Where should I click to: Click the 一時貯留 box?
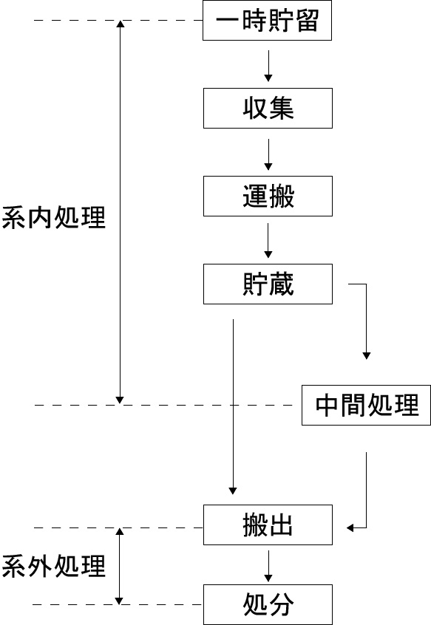[x=267, y=21]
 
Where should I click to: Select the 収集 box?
[x=268, y=109]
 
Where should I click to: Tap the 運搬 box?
[x=268, y=196]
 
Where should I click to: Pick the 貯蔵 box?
[x=268, y=284]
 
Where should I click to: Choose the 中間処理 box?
[x=366, y=405]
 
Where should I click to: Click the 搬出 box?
[x=268, y=525]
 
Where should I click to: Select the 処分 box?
[x=268, y=604]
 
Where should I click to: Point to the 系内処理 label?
[x=54, y=218]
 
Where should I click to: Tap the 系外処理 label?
[x=54, y=566]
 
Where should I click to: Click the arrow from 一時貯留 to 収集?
[x=268, y=66]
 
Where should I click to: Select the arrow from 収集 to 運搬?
[x=268, y=154]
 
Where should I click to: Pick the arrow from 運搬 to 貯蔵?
[x=268, y=240]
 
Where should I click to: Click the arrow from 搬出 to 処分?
[x=268, y=566]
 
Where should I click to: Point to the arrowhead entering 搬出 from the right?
[x=350, y=528]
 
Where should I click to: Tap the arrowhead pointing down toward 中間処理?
[x=367, y=356]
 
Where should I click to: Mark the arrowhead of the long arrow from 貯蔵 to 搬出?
[x=233, y=491]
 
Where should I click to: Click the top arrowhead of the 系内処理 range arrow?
[x=120, y=24]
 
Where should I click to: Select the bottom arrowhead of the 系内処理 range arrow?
[x=120, y=400]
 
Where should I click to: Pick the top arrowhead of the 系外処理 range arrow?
[x=119, y=531]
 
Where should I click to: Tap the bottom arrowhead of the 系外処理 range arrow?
[x=119, y=601]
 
